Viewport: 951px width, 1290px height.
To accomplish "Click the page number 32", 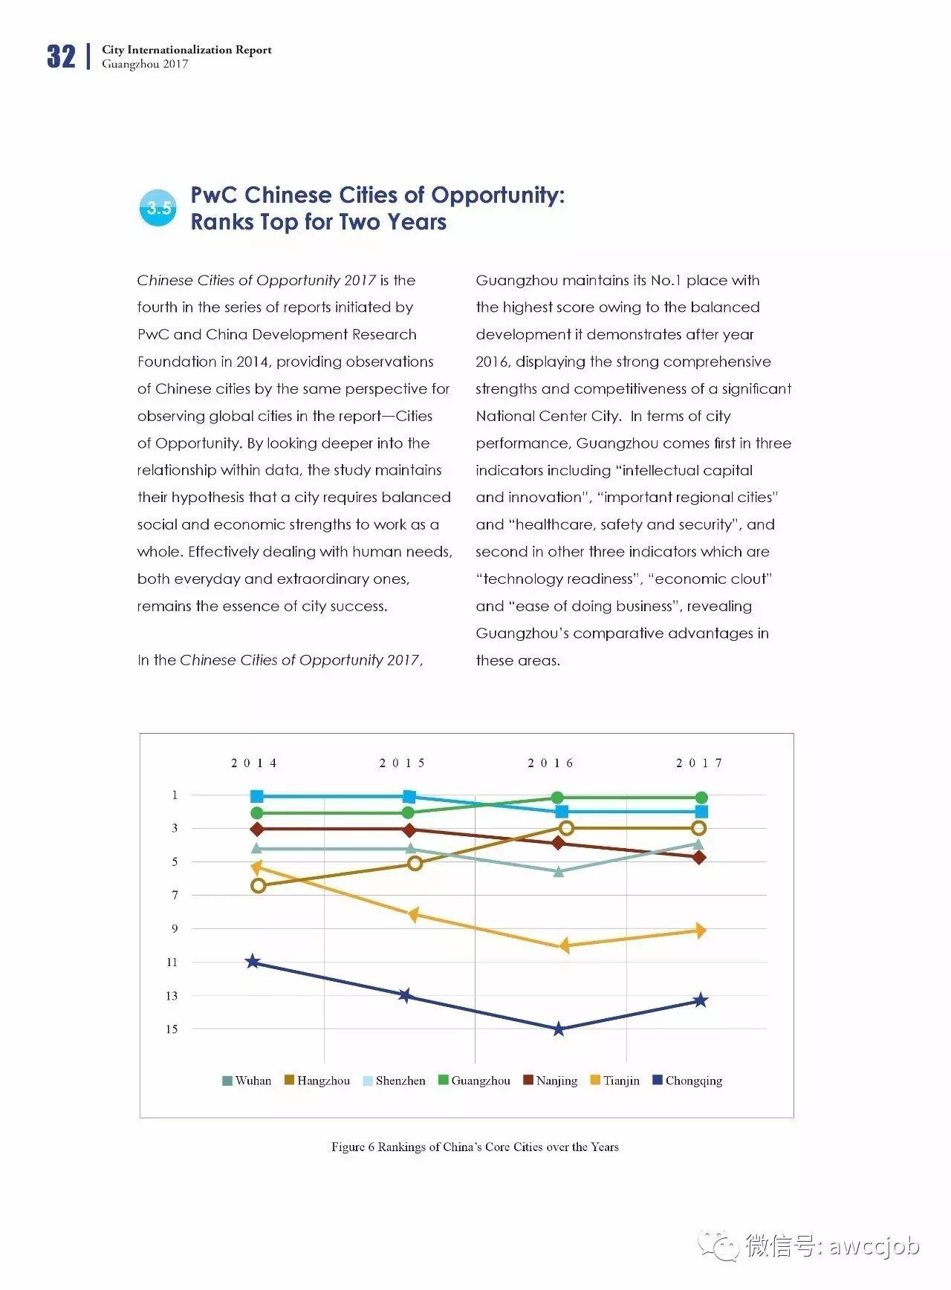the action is pos(61,56).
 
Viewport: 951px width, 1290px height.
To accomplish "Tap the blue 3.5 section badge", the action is pos(158,208).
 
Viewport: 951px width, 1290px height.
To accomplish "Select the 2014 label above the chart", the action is pos(253,763).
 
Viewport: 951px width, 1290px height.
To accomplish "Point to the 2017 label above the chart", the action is pos(698,763).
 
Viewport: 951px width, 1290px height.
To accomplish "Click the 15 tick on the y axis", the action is pos(172,1029).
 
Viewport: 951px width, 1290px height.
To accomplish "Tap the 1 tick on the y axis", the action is pos(175,795).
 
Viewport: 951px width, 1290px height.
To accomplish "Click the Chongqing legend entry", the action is pos(687,1081).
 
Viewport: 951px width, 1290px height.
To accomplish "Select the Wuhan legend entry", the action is pos(247,1081).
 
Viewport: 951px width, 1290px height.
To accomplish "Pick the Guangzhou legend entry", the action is pos(474,1081).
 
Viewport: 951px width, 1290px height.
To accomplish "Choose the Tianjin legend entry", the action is pos(614,1081).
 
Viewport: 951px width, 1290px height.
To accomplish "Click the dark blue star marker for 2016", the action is pos(559,1029).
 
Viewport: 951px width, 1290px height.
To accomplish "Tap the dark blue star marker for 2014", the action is pos(253,962).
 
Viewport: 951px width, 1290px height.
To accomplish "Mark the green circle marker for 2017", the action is pos(701,798).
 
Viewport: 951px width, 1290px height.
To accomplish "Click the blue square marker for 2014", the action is pos(257,796).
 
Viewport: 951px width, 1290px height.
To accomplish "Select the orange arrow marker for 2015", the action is pos(412,914).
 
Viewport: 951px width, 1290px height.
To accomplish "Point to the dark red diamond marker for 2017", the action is pos(699,857).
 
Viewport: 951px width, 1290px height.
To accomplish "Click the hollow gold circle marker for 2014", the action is pos(259,885).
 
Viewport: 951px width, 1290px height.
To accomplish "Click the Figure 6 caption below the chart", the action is pos(475,1147).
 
